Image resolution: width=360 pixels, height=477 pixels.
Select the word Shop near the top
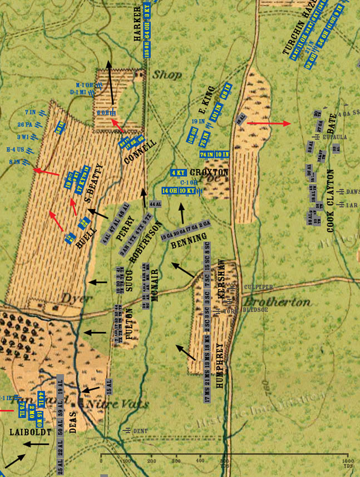tap(167, 74)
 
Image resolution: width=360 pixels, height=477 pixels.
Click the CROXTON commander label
tap(209, 172)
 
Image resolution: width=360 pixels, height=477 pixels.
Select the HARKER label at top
tap(138, 25)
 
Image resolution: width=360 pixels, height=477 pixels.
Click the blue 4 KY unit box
tap(179, 172)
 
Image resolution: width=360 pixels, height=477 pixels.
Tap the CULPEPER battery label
tap(258, 287)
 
